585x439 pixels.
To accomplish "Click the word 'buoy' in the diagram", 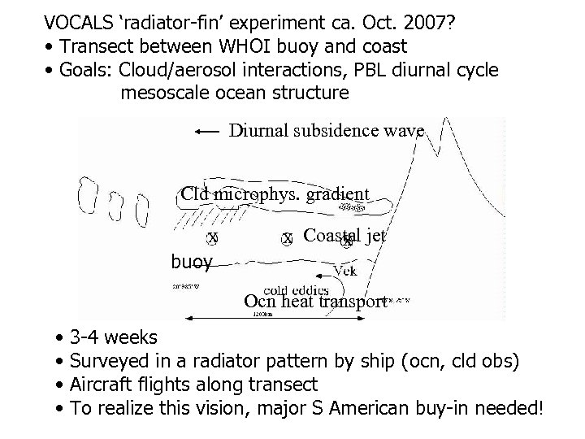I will (x=191, y=262).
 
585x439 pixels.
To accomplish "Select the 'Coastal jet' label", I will (x=344, y=236).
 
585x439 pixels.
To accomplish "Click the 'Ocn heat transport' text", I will (x=314, y=302).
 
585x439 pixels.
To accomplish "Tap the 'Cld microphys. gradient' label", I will (x=275, y=193).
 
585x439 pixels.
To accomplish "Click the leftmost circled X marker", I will (x=213, y=238).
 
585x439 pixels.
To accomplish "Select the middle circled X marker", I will (x=287, y=238).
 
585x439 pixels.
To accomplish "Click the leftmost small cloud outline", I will (x=85, y=195).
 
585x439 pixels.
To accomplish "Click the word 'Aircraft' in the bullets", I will (x=105, y=384).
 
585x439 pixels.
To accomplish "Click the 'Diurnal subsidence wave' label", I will (x=326, y=130).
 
